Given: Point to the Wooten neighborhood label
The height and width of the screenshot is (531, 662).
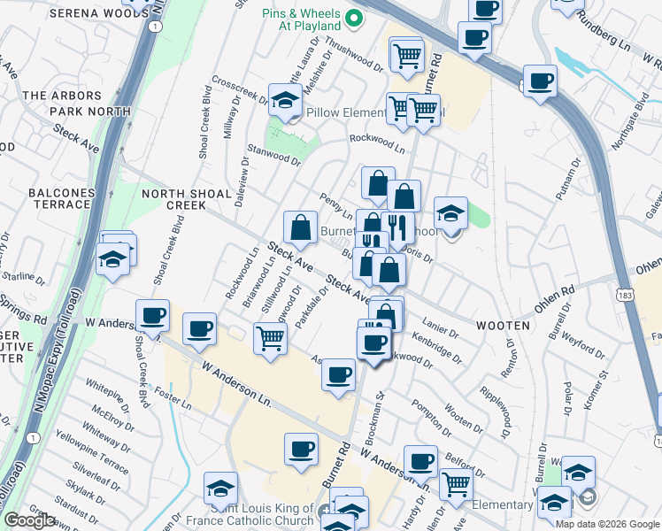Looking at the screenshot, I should click(506, 326).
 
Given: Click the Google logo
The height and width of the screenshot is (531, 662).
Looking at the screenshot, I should click(29, 520).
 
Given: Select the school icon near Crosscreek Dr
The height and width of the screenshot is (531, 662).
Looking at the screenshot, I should click(285, 102).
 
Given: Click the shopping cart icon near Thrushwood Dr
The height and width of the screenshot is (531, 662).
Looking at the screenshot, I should click(407, 55).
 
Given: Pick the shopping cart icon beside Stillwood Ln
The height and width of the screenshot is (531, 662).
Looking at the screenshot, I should click(270, 337).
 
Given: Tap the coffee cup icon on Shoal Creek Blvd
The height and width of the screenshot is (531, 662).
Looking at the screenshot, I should click(153, 315).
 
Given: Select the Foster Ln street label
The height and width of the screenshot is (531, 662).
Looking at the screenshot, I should click(173, 397).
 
